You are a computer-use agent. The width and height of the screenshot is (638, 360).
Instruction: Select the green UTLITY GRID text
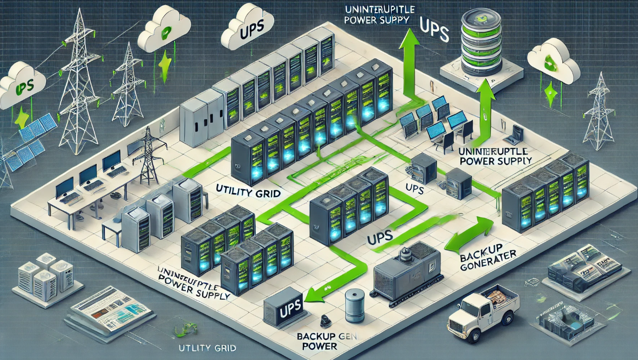(x=207, y=348)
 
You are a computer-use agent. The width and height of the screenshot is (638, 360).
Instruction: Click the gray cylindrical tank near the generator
(x=354, y=306)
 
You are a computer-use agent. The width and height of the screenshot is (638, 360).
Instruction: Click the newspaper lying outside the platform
(x=111, y=312)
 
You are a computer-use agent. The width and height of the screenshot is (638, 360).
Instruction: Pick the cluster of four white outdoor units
(x=46, y=279)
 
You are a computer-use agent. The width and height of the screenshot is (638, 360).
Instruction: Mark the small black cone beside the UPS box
(x=323, y=321)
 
